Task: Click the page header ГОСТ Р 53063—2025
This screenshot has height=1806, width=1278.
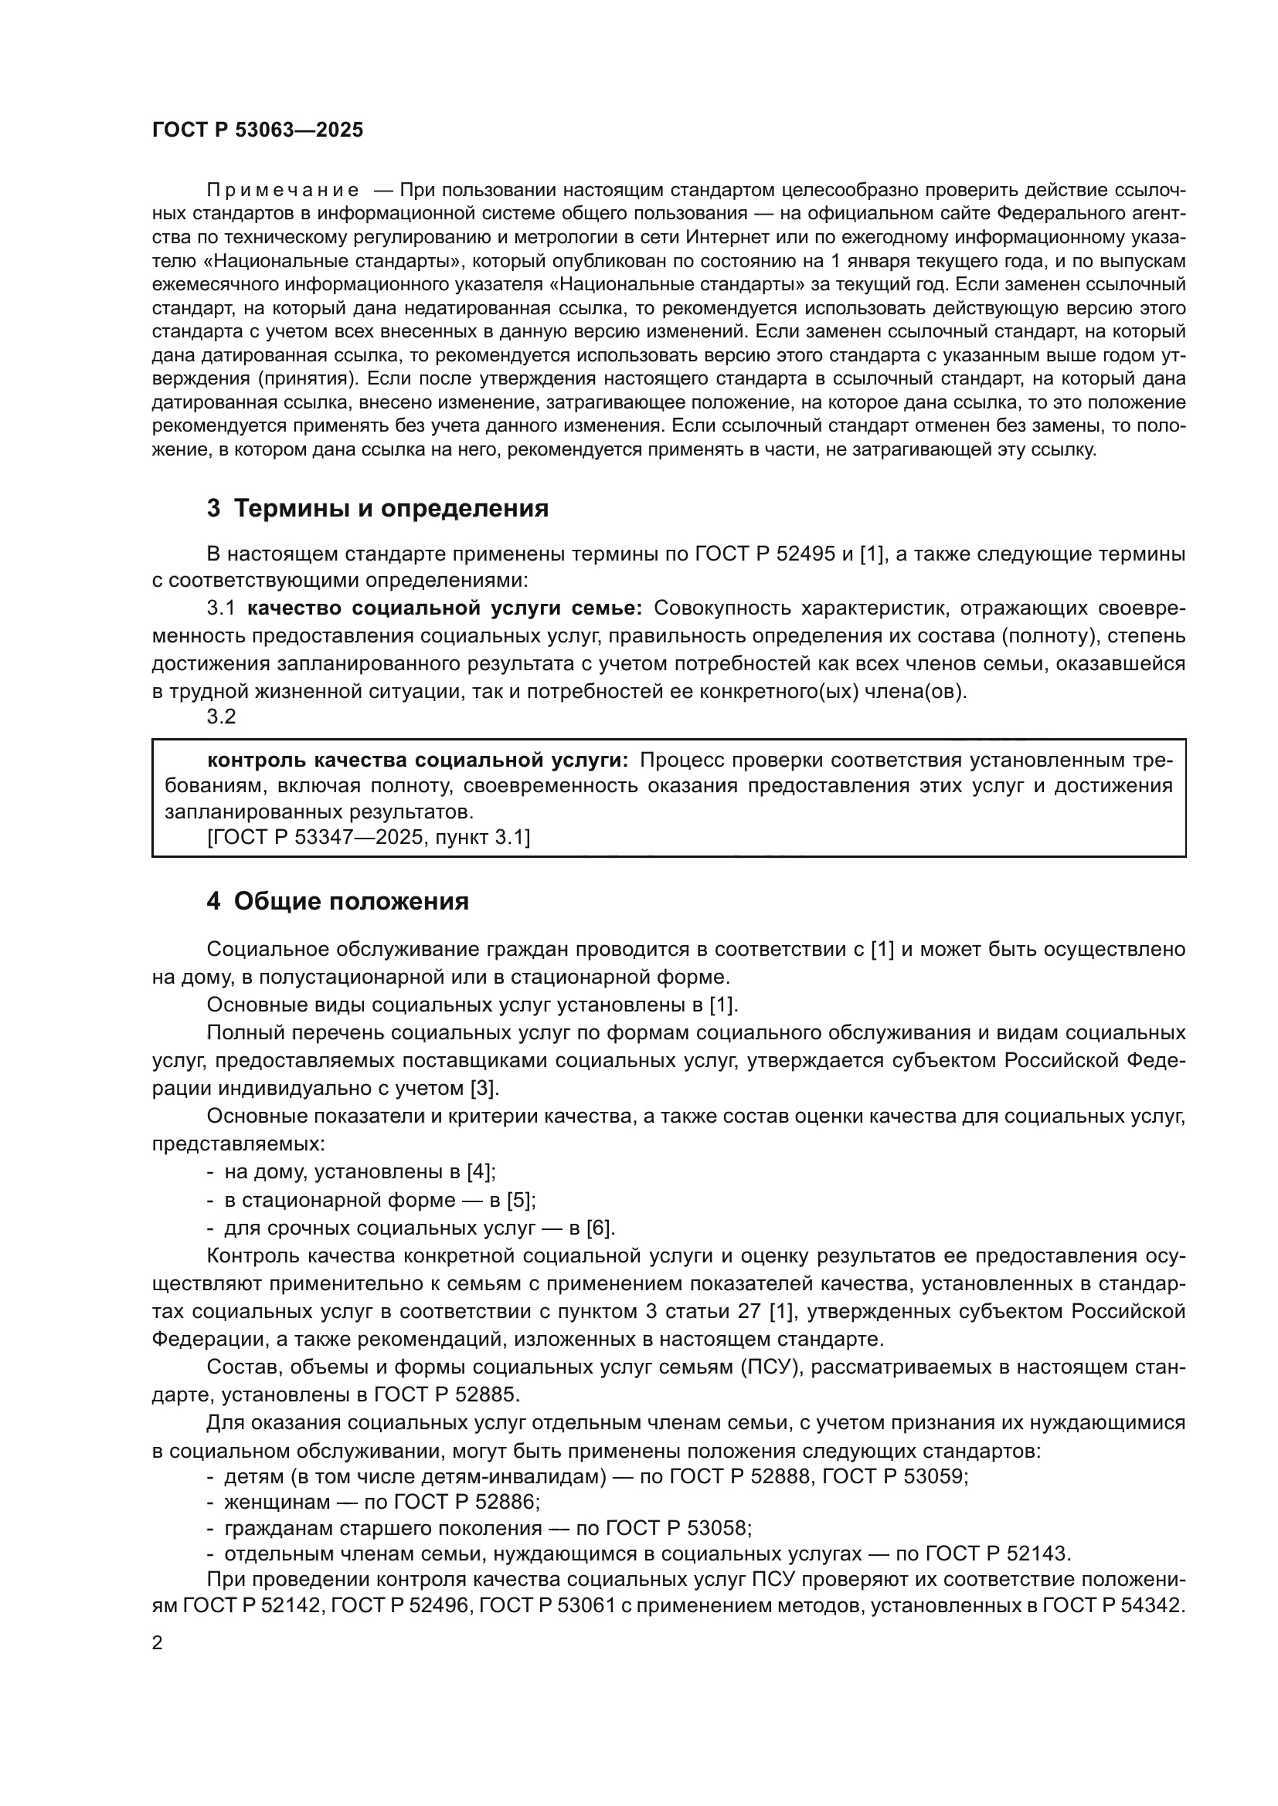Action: pyautogui.click(x=257, y=130)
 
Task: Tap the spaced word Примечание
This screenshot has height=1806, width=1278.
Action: pyautogui.click(x=283, y=191)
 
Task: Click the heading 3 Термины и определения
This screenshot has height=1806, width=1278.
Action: pyautogui.click(x=378, y=509)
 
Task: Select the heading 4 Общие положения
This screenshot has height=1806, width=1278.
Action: pyautogui.click(x=338, y=901)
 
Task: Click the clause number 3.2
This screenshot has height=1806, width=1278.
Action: pyautogui.click(x=221, y=717)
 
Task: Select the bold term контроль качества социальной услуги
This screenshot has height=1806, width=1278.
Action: pyautogui.click(x=417, y=761)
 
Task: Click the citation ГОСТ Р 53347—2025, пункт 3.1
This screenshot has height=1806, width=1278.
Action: pyautogui.click(x=369, y=838)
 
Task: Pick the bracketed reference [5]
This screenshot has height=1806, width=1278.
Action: pyautogui.click(x=521, y=1201)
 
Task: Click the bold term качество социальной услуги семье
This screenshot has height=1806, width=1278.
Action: pyautogui.click(x=445, y=608)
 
